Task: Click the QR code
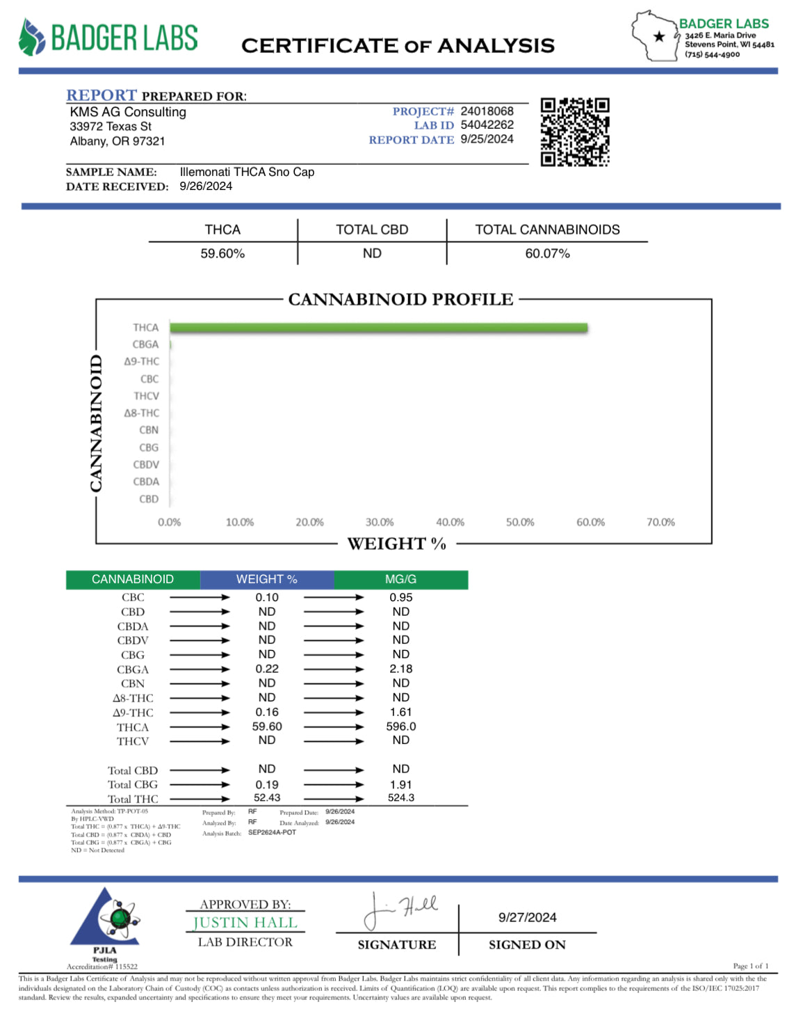pyautogui.click(x=575, y=132)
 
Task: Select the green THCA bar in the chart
pyautogui.click(x=379, y=328)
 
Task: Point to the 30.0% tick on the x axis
pyautogui.click(x=380, y=522)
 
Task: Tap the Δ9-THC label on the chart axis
pyautogui.click(x=142, y=362)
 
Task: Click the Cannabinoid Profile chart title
pyautogui.click(x=400, y=299)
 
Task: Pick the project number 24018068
pyautogui.click(x=487, y=111)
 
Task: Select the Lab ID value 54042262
pyautogui.click(x=487, y=125)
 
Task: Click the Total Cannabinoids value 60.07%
pyautogui.click(x=547, y=254)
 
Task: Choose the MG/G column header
pyautogui.click(x=401, y=579)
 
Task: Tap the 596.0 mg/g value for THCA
pyautogui.click(x=401, y=727)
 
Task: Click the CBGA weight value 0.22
pyautogui.click(x=267, y=669)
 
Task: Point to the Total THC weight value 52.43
pyautogui.click(x=267, y=798)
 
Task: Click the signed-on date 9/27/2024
pyautogui.click(x=527, y=918)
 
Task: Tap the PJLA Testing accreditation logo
pyautogui.click(x=105, y=923)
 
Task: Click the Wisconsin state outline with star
pyautogui.click(x=655, y=36)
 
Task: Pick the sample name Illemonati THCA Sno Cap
pyautogui.click(x=247, y=172)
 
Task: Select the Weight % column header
pyautogui.click(x=267, y=579)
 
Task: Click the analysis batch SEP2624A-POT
pyautogui.click(x=272, y=832)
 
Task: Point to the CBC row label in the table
pyautogui.click(x=133, y=598)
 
